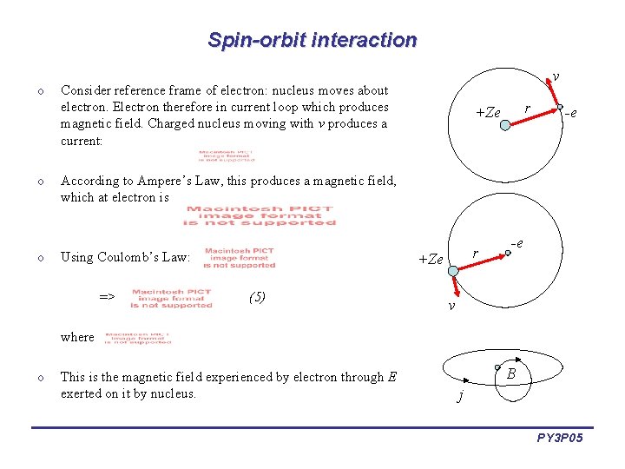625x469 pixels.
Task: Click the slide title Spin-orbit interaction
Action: [x=312, y=40]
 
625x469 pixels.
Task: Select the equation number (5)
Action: [x=257, y=297]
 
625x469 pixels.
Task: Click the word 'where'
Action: [x=77, y=337]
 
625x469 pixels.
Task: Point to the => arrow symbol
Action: [x=107, y=297]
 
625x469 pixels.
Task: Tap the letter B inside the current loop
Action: [x=512, y=373]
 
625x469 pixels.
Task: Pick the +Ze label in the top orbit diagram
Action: [x=488, y=112]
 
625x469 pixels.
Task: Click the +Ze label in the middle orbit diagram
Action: [x=431, y=259]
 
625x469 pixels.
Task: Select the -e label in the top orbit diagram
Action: [x=570, y=112]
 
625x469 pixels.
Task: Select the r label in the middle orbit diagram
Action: [x=474, y=254]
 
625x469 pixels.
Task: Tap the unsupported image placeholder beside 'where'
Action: [x=138, y=337]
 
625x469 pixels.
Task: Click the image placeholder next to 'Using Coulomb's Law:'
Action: [x=239, y=258]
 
